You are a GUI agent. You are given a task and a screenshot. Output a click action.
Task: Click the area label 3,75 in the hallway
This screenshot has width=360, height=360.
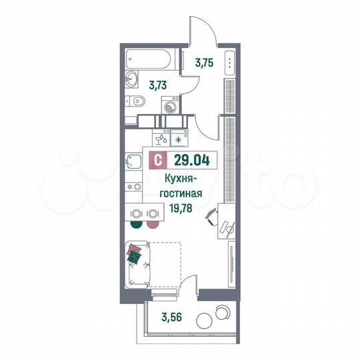point(204,64)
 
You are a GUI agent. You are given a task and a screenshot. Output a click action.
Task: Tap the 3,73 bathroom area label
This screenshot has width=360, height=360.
point(158,84)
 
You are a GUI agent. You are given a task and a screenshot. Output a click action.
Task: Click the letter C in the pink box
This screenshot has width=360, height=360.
point(157,160)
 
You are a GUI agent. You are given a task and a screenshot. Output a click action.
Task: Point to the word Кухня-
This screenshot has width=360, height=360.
point(183,178)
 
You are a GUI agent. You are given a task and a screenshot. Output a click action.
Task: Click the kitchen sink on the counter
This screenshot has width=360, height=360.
point(131,161)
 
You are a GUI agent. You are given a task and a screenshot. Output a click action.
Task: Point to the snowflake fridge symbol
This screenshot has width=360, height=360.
point(179,140)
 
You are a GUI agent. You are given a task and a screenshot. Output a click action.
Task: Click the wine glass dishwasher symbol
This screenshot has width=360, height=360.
point(161,140)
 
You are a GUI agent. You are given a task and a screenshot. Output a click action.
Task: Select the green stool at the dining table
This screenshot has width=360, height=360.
point(136,225)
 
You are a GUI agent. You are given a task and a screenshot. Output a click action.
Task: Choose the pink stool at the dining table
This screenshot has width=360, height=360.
point(153,225)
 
